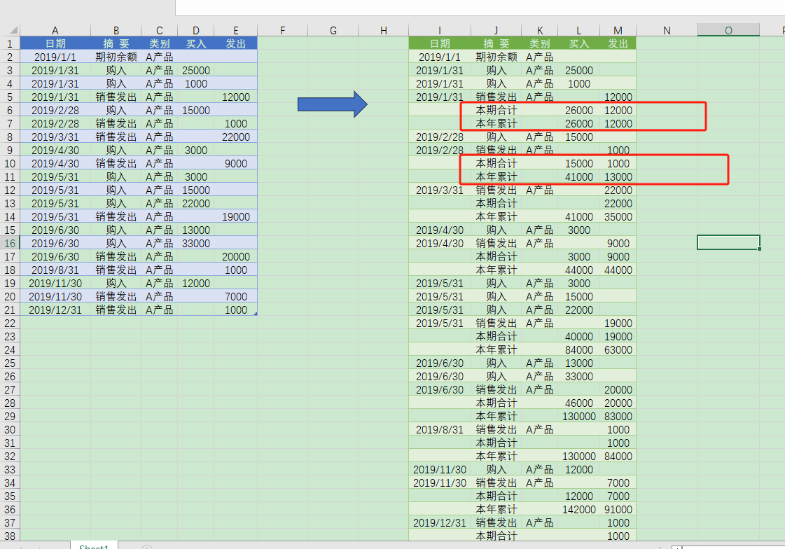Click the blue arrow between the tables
coord(332,104)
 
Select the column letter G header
coord(333,30)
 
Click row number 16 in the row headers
coord(10,243)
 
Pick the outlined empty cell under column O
coord(728,242)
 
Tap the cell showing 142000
coord(579,509)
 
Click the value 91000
coord(618,509)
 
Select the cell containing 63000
coord(618,349)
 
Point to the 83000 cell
coord(618,416)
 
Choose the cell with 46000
coord(579,403)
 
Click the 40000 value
coord(579,336)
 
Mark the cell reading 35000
coord(618,216)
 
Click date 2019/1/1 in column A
coord(55,57)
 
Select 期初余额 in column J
coord(496,57)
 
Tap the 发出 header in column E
coord(236,43)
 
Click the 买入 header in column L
coord(579,43)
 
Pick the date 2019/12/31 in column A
coord(55,310)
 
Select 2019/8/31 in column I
coord(440,429)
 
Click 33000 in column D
coord(196,243)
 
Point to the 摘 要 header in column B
coord(116,43)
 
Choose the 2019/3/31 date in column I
coord(440,190)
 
